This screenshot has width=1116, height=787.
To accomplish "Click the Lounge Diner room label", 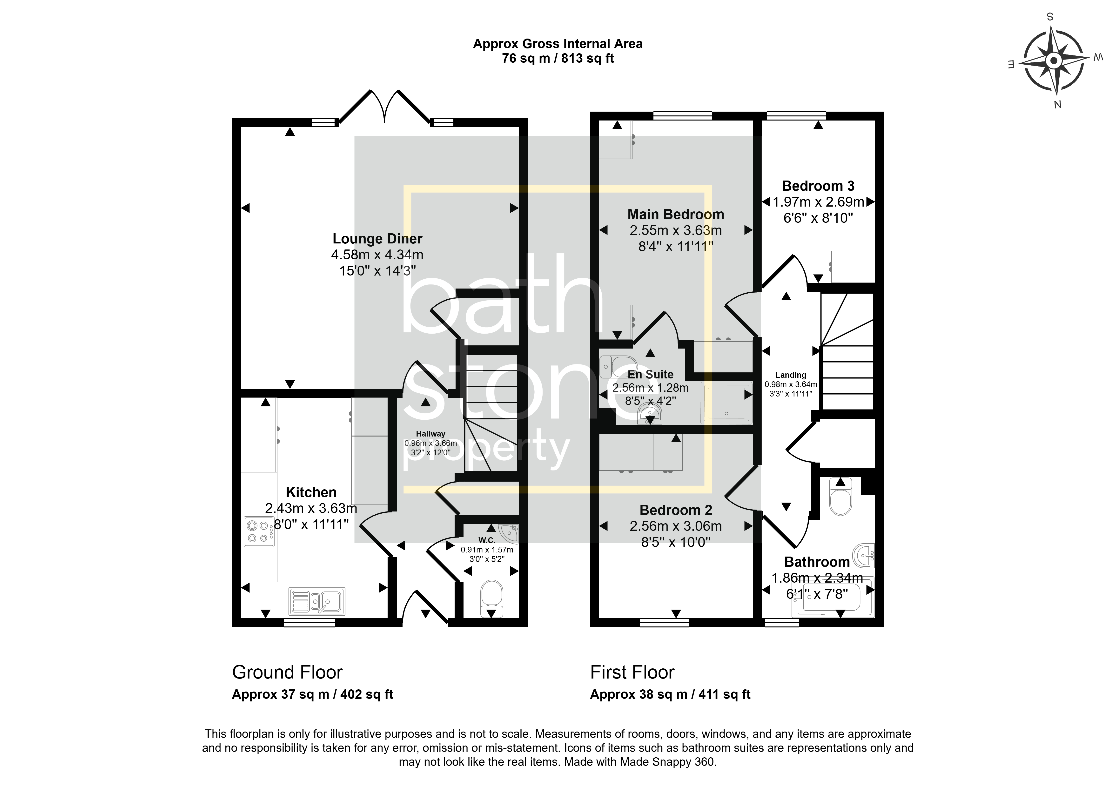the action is point(377,239).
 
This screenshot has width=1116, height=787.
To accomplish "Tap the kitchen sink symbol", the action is point(317,600).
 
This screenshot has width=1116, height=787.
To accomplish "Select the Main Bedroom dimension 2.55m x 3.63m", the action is point(676,230).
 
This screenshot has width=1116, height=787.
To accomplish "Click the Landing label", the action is point(791,375).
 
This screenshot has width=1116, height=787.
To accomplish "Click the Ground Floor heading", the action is point(287,672).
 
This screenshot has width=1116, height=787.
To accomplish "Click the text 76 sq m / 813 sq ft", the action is point(558,58).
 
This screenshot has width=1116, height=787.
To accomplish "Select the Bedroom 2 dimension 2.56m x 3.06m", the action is point(676,526).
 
